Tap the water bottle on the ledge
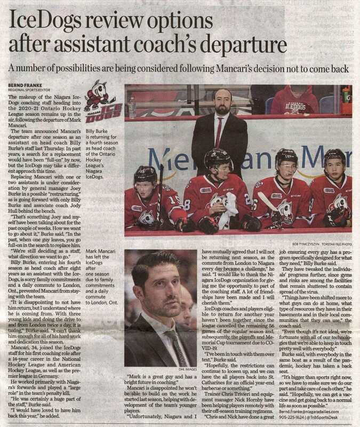132,107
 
